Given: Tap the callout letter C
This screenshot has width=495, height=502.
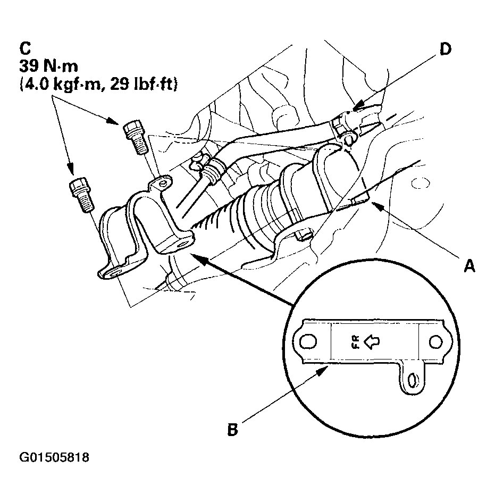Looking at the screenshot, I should pos(25,48).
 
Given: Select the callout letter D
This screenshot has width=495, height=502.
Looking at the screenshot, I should pos(446,48).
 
